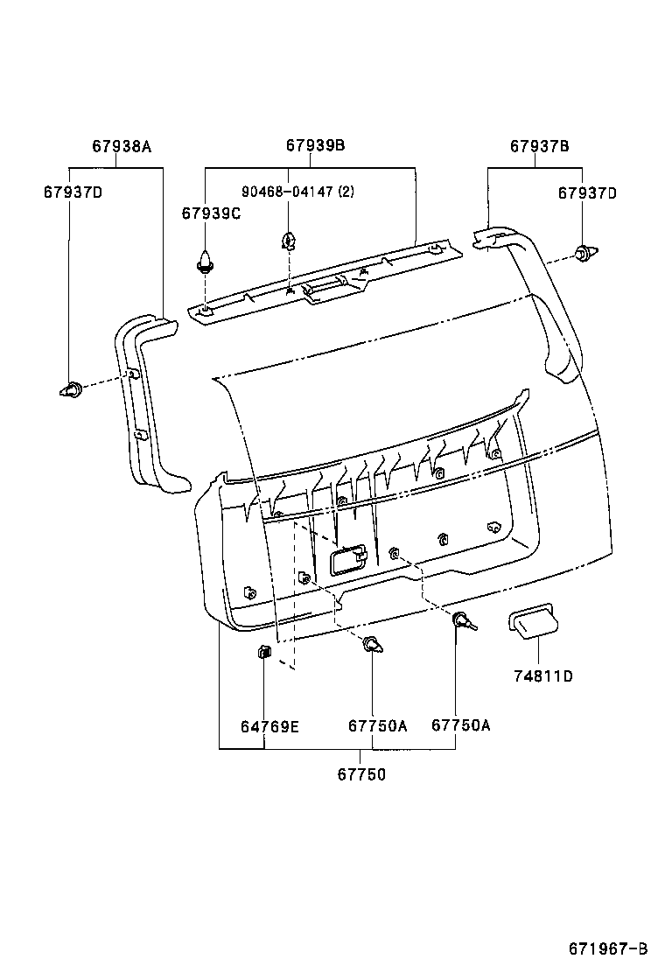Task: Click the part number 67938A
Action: pos(122,147)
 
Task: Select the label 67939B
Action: pos(315,147)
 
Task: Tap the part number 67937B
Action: pos(540,147)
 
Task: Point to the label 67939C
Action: pos(211,213)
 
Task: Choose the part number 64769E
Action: pos(269,725)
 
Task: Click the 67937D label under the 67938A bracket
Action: pos(73,192)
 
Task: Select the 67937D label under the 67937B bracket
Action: pos(587,192)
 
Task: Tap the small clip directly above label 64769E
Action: pos(262,652)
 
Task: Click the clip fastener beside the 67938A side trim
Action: pos(71,388)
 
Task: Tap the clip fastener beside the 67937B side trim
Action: pos(584,254)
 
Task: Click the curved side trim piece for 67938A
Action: pos(144,402)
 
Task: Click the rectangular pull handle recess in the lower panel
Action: pos(347,558)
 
